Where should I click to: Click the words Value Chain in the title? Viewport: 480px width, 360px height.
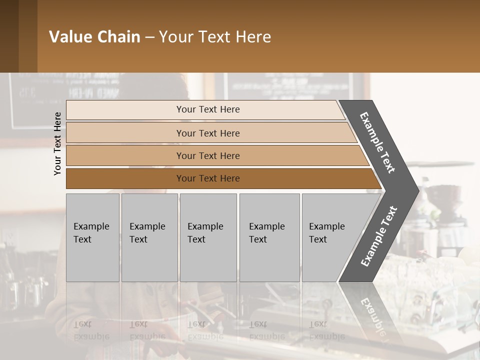(x=94, y=37)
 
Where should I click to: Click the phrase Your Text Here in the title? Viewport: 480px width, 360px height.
(x=215, y=37)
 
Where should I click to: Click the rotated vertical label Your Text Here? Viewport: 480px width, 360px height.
(x=57, y=143)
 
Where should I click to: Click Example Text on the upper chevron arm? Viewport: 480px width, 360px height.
(x=377, y=142)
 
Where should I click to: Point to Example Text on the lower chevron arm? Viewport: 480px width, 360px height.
(x=379, y=236)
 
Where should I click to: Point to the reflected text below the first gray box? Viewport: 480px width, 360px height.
(x=91, y=330)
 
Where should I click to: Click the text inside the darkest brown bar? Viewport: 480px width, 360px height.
(x=208, y=178)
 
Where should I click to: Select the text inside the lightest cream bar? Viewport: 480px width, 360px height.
(x=208, y=109)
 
